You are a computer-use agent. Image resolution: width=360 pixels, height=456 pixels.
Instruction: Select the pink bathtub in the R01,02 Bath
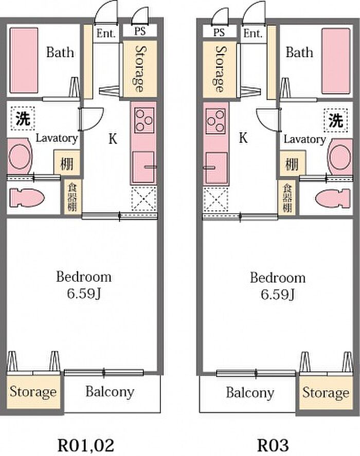click(24, 60)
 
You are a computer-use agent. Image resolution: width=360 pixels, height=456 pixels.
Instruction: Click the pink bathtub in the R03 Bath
click(335, 61)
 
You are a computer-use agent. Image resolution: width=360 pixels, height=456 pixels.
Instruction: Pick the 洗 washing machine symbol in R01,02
click(23, 118)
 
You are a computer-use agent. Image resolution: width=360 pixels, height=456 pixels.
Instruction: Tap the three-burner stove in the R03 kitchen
click(215, 121)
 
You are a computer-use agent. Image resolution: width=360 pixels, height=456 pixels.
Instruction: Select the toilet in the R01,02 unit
click(27, 198)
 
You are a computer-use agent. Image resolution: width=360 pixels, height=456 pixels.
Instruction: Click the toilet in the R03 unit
click(333, 199)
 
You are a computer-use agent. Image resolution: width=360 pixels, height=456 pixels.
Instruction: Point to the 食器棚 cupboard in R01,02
click(72, 197)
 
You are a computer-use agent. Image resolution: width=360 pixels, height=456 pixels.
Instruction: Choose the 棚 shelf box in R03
click(292, 163)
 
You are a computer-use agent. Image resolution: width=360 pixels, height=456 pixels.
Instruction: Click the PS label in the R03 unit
click(219, 32)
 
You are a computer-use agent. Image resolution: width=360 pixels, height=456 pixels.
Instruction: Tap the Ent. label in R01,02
click(106, 33)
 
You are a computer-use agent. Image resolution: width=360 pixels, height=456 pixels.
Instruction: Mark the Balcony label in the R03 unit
click(250, 393)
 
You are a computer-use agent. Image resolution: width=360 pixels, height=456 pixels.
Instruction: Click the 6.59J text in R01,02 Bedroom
click(84, 294)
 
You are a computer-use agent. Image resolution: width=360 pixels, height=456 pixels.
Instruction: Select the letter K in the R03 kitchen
click(243, 138)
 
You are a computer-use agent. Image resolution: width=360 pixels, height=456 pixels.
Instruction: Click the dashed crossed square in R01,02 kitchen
click(144, 198)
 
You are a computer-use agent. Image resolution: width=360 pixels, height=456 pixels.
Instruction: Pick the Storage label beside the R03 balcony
click(326, 393)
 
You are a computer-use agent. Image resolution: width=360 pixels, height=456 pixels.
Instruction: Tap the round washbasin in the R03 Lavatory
click(339, 157)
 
